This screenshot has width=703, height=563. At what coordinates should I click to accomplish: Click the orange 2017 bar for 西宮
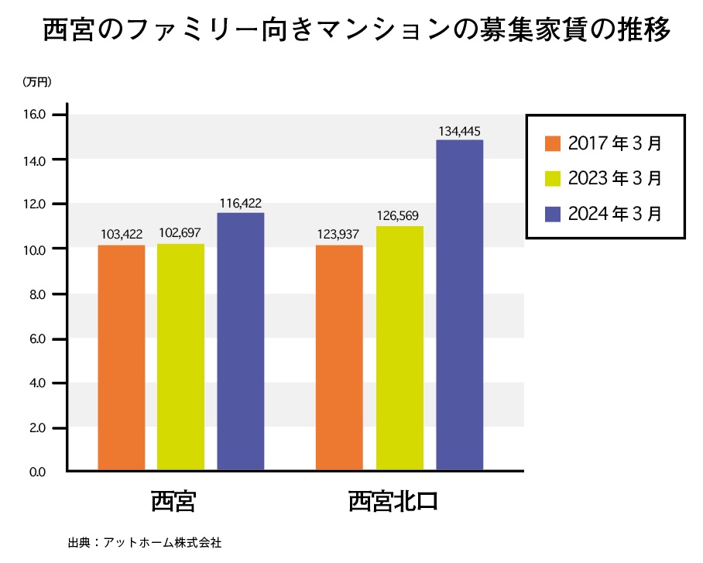[x=122, y=357]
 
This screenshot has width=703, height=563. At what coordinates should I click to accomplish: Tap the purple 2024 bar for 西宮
[x=240, y=341]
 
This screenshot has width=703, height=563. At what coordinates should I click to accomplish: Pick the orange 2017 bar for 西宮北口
[x=340, y=357]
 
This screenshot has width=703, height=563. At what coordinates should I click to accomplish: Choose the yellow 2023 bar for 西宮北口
[x=400, y=348]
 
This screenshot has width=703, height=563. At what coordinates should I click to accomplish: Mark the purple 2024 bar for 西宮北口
[x=460, y=304]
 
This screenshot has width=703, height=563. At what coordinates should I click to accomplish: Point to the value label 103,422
[x=122, y=233]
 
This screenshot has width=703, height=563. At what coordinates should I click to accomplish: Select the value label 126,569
[x=400, y=215]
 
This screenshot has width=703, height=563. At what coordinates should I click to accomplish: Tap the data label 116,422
[x=240, y=203]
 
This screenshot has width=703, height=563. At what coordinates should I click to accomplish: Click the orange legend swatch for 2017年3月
[x=552, y=144]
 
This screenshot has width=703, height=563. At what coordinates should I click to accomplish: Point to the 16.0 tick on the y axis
[x=38, y=115]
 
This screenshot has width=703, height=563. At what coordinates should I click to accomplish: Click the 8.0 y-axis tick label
[x=39, y=294]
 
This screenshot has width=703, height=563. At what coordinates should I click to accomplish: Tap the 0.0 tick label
[x=39, y=472]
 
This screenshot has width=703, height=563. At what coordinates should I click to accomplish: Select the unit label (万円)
[x=36, y=81]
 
